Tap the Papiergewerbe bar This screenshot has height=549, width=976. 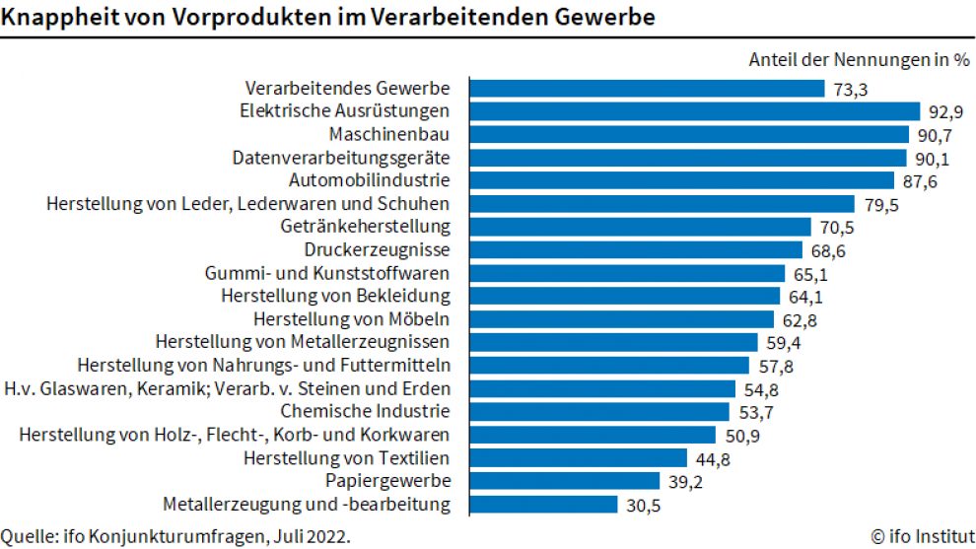[562, 481]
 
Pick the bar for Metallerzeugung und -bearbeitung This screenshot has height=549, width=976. [541, 505]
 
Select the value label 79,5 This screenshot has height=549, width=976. [879, 204]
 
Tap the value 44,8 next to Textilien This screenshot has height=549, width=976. [712, 458]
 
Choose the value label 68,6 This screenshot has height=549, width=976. [827, 250]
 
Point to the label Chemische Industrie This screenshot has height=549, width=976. [366, 411]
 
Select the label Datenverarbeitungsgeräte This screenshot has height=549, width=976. [341, 158]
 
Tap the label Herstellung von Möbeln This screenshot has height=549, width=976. [352, 319]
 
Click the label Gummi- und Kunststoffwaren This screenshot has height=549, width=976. [327, 273]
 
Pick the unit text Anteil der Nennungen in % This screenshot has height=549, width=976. [859, 60]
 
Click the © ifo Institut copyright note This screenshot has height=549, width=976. [923, 536]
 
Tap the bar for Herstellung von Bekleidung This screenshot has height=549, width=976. [622, 296]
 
